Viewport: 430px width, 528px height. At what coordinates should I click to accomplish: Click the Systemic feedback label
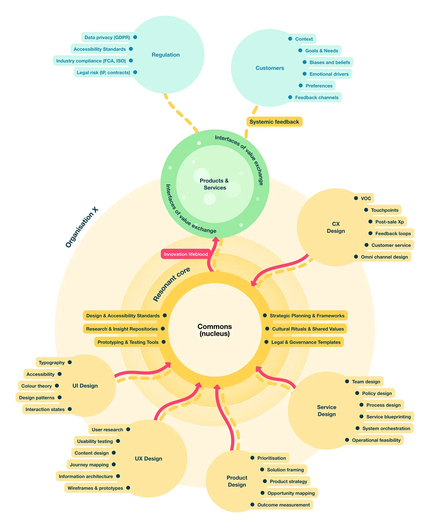[x=274, y=122]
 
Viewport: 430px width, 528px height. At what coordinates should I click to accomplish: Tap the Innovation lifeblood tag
[x=186, y=254]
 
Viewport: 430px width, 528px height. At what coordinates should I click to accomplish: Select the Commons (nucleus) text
[x=215, y=330]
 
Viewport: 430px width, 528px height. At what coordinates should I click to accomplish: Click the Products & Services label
[x=214, y=184]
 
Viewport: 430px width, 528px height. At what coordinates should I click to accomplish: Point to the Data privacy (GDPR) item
[x=107, y=37]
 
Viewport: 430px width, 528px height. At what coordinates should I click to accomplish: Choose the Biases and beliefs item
[x=330, y=62]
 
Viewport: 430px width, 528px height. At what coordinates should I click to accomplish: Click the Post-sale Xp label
[x=389, y=222]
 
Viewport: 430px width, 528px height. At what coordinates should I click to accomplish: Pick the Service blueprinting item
[x=389, y=417]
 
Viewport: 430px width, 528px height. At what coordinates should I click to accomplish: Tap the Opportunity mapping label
[x=291, y=493]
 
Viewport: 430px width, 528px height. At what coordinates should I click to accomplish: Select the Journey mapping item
[x=89, y=465]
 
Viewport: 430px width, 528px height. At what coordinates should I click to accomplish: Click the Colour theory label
[x=36, y=386]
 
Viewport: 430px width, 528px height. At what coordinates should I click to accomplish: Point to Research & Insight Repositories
[x=122, y=329]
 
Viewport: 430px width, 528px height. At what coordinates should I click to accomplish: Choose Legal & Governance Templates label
[x=306, y=342]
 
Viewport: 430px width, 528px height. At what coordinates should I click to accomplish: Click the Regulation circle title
[x=166, y=55]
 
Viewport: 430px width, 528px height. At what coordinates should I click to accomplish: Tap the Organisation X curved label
[x=82, y=227]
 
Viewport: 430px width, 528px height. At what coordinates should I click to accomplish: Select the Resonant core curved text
[x=171, y=284]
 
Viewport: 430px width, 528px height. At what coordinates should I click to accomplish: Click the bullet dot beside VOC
[x=356, y=198]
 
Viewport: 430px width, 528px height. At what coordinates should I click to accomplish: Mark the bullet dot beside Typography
[x=70, y=362]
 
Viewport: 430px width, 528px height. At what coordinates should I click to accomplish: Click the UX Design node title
[x=149, y=459]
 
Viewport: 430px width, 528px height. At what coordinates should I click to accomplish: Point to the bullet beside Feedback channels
[x=290, y=97]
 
